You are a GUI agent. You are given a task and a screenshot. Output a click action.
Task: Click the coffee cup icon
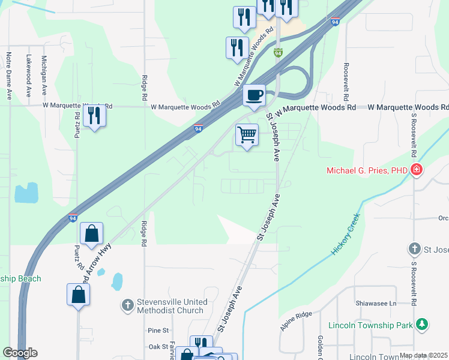[x=254, y=95]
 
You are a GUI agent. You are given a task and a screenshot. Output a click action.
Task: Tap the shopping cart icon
[x=247, y=134]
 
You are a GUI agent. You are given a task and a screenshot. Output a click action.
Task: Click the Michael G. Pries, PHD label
[x=367, y=170]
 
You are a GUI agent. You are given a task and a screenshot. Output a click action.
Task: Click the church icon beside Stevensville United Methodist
[x=127, y=306]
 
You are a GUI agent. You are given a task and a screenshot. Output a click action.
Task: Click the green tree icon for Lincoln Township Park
[x=423, y=325]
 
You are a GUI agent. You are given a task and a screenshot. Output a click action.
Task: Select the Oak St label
[x=158, y=346]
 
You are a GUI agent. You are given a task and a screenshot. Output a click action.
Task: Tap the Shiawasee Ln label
[x=376, y=304]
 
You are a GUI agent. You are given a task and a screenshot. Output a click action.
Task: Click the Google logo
[x=20, y=353]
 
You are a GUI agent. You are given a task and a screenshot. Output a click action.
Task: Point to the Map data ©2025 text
[x=423, y=355]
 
